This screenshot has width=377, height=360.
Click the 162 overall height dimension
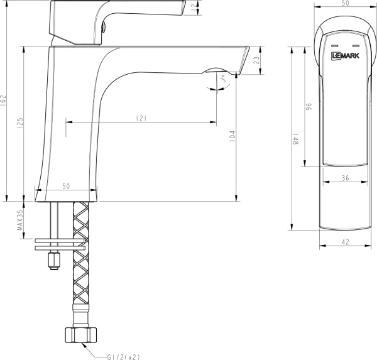pos(4,101)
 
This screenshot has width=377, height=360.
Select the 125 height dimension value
pos(21,121)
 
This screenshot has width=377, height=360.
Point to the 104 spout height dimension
pos(232,136)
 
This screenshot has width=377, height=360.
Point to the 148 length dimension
pos(293,138)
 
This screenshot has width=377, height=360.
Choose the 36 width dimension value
pos(345,178)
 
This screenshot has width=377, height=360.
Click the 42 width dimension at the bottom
pos(345,239)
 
